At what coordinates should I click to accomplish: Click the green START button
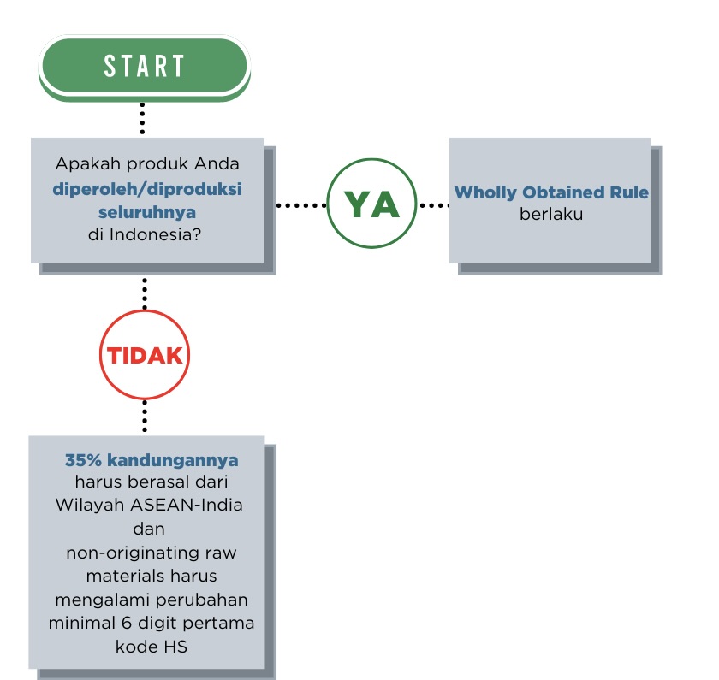(x=144, y=66)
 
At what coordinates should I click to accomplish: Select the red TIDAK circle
(x=145, y=355)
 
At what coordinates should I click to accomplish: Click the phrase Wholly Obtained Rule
(x=550, y=193)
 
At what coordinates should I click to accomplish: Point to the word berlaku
(x=550, y=214)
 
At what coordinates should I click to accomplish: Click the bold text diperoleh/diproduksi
(x=146, y=189)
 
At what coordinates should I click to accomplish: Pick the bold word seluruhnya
(x=146, y=211)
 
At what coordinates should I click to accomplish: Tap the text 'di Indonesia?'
(x=146, y=234)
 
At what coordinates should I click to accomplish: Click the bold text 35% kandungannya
(x=152, y=460)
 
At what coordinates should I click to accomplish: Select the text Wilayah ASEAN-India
(x=149, y=505)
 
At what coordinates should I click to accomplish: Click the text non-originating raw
(x=152, y=553)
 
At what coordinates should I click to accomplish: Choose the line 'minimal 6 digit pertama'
(x=151, y=623)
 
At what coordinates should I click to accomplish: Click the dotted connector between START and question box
(x=142, y=118)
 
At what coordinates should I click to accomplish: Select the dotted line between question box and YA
(x=301, y=205)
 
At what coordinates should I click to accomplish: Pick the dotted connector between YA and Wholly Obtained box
(x=434, y=205)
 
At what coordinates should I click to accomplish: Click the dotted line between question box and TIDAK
(x=145, y=293)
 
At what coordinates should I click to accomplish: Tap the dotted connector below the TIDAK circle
(x=145, y=417)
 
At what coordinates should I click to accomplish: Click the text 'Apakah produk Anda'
(x=146, y=165)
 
